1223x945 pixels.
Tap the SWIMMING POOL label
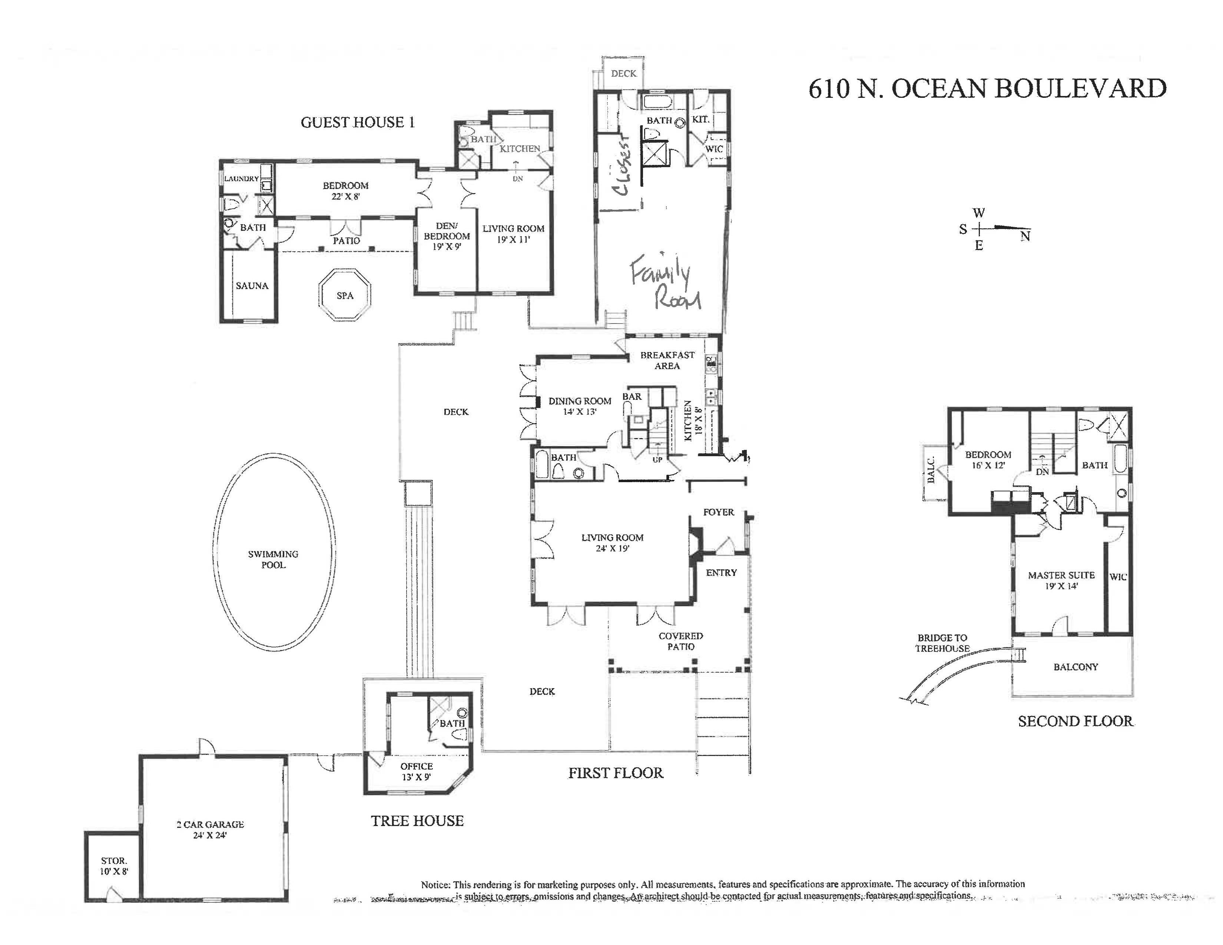click(x=273, y=559)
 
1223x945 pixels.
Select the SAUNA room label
click(x=252, y=285)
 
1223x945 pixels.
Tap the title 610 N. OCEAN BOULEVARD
click(x=987, y=89)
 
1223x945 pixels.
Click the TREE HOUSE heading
click(x=417, y=821)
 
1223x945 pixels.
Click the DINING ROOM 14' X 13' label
click(x=580, y=406)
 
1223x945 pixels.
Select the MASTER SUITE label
click(x=1061, y=575)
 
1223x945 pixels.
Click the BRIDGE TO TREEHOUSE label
click(x=942, y=643)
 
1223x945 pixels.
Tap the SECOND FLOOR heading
click(x=1075, y=721)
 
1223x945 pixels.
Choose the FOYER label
click(x=719, y=512)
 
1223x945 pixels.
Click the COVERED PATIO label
click(x=681, y=641)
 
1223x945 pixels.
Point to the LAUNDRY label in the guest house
click(x=241, y=179)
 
